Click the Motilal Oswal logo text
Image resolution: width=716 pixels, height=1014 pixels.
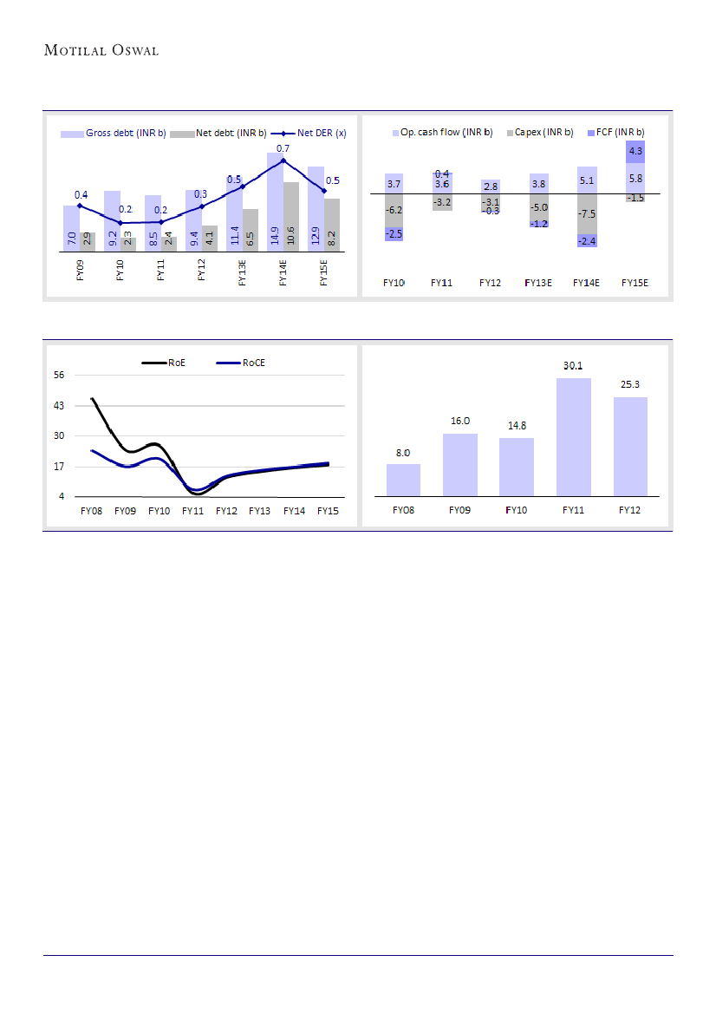click(101, 50)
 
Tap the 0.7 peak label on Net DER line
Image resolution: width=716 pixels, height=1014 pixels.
click(283, 149)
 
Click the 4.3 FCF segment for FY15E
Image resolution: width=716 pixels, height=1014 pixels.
click(635, 152)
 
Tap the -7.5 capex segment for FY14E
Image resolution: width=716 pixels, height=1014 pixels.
click(587, 213)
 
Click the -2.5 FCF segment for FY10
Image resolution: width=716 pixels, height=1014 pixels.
click(394, 234)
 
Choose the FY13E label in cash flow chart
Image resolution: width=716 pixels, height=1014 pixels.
click(538, 283)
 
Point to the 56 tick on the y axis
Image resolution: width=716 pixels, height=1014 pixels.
click(60, 375)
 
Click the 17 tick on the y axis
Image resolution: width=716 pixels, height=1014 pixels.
click(60, 467)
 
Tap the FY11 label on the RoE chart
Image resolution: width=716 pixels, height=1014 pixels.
click(192, 512)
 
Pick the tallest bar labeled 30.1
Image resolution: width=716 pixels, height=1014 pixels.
click(573, 437)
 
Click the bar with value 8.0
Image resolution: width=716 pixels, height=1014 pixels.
click(403, 480)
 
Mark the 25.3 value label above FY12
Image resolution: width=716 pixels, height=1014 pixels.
click(629, 384)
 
